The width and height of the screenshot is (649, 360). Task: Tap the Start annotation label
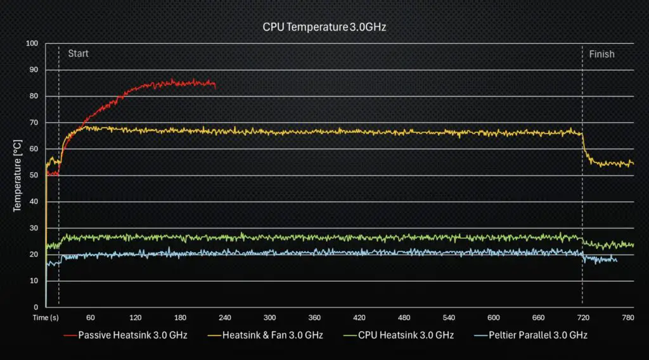pyautogui.click(x=78, y=53)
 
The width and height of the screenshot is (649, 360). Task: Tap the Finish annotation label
pyautogui.click(x=601, y=54)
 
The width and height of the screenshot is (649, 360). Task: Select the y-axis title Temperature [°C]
pyautogui.click(x=18, y=176)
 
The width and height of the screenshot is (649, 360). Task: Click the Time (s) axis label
pyautogui.click(x=46, y=317)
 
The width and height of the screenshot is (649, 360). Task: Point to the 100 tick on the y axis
pyautogui.click(x=32, y=43)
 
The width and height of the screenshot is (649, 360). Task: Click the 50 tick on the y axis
pyautogui.click(x=34, y=175)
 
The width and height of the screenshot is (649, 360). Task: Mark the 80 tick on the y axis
pyautogui.click(x=34, y=96)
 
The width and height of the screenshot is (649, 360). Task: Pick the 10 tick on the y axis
pyautogui.click(x=34, y=280)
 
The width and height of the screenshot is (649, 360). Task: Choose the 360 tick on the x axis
pyautogui.click(x=314, y=317)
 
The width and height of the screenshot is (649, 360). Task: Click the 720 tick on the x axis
pyautogui.click(x=583, y=317)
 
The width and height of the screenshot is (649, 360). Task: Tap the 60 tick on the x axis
pyautogui.click(x=91, y=317)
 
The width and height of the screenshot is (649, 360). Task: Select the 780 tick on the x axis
pyautogui.click(x=627, y=317)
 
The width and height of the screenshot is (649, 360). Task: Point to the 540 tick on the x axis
pyautogui.click(x=449, y=317)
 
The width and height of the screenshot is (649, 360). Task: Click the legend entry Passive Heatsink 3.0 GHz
pyautogui.click(x=132, y=335)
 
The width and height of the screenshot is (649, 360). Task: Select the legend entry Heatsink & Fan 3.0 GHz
pyautogui.click(x=273, y=335)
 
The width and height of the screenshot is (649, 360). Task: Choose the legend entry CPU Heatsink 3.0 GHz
pyautogui.click(x=406, y=335)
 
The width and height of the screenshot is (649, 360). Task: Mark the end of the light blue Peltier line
pyautogui.click(x=616, y=260)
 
